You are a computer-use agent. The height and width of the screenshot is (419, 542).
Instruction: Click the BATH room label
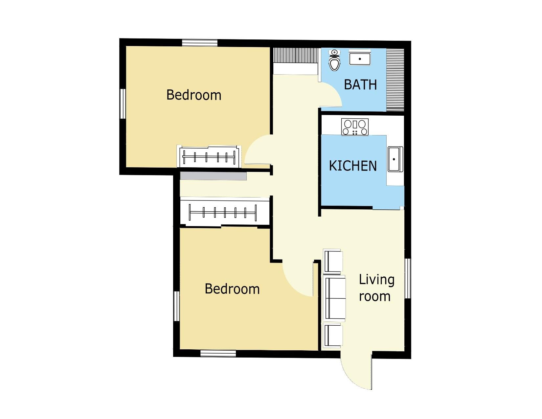[x=360, y=85]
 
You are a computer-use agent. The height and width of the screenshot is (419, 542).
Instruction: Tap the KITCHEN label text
[x=353, y=166]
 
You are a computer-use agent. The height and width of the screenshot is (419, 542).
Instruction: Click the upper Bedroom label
[x=194, y=95]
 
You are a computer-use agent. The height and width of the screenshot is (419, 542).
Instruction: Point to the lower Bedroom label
[x=232, y=289]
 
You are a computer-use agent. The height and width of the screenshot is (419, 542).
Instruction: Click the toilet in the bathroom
[x=334, y=61]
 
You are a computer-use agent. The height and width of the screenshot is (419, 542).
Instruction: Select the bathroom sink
[x=360, y=58]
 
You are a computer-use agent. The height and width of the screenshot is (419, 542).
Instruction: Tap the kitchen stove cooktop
[x=355, y=127]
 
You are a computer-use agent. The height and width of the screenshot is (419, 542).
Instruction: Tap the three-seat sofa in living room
[x=335, y=299]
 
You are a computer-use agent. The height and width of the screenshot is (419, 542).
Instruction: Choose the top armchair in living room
[x=333, y=261]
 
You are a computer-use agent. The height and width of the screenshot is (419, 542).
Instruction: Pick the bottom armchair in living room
[x=333, y=335]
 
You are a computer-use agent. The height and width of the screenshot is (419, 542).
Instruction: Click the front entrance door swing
[x=357, y=371]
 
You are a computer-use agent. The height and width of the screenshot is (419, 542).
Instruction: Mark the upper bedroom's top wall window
[x=200, y=43]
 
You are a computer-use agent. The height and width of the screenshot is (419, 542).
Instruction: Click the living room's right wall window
[x=407, y=278]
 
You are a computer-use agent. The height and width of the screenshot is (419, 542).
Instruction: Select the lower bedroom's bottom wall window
[x=218, y=354]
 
